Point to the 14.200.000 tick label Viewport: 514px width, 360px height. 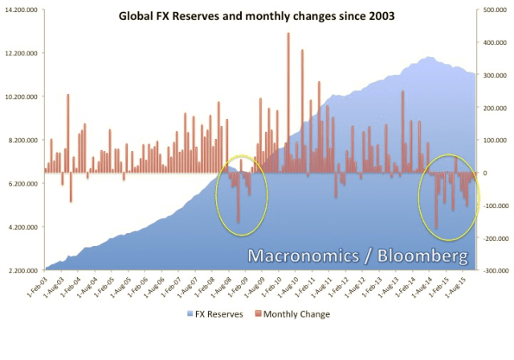click(22, 10)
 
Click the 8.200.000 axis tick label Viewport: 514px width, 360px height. click(23, 141)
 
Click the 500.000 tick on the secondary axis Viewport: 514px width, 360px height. click(496, 10)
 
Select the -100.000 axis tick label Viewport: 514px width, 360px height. click(494, 206)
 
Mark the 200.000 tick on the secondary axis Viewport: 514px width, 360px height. click(496, 108)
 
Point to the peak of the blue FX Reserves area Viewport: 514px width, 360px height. click(430, 58)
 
